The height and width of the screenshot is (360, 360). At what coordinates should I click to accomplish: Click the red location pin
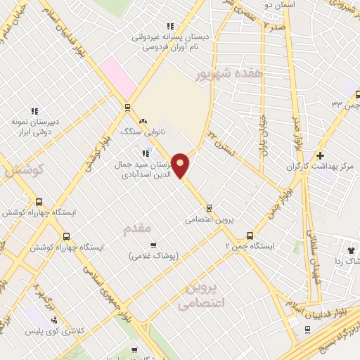[181, 165]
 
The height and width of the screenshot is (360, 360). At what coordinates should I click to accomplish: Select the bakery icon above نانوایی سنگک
[143, 121]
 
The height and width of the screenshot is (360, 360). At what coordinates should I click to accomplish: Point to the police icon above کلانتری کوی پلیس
[54, 320]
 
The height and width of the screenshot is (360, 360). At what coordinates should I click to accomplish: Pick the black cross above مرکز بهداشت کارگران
[321, 155]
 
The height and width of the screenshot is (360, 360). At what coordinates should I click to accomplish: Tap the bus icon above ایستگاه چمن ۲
[250, 236]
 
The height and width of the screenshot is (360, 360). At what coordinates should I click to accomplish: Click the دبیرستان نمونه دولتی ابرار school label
[33, 125]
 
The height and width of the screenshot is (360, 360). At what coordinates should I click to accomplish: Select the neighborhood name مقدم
[137, 229]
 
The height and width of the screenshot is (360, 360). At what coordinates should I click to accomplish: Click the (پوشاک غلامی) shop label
[152, 256]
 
